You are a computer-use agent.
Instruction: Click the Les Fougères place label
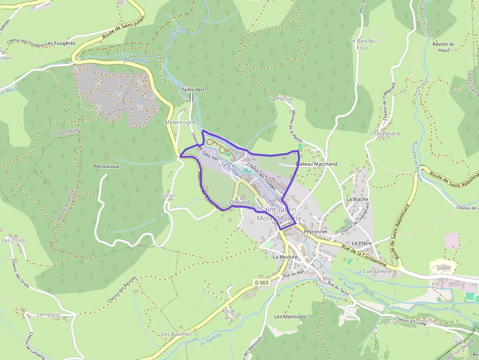[x=60, y=43]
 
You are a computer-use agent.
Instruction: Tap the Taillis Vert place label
[x=193, y=90]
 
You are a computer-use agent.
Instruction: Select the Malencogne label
[x=181, y=122]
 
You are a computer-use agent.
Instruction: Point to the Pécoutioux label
[x=107, y=167]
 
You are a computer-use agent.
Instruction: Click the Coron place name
[x=168, y=196]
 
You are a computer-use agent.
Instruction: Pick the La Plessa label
[x=281, y=99]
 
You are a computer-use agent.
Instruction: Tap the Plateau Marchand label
[x=317, y=164]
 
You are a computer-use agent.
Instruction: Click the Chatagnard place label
[x=385, y=133]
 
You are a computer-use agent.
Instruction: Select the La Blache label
[x=357, y=199]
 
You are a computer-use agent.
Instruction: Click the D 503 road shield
[x=262, y=283]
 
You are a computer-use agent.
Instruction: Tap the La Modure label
[x=285, y=257]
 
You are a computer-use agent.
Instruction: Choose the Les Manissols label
[x=290, y=317]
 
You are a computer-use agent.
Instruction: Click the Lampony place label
[x=48, y=315]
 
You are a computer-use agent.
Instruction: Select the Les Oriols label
[x=14, y=240]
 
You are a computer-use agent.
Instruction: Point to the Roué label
[x=228, y=311]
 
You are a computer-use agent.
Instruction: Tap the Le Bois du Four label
[x=362, y=44]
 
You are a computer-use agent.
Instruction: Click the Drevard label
[x=239, y=202]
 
